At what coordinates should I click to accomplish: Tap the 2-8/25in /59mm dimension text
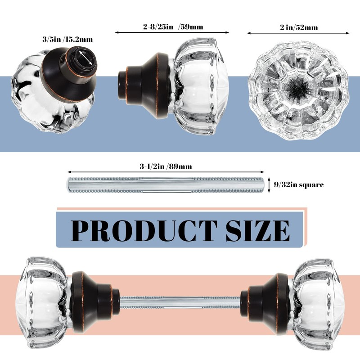tap(173, 27)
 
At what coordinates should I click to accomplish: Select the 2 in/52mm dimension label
tap(298, 27)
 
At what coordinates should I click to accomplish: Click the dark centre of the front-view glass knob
tap(298, 86)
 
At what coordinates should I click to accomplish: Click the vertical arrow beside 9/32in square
tap(269, 184)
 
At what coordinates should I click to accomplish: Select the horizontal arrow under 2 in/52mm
tap(298, 33)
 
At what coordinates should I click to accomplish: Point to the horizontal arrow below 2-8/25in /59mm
tap(172, 32)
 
